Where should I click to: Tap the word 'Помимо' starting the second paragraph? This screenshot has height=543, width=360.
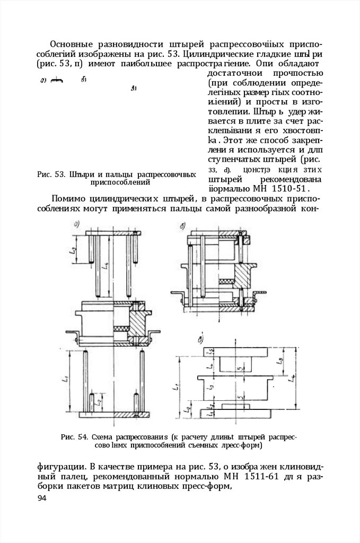69,199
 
